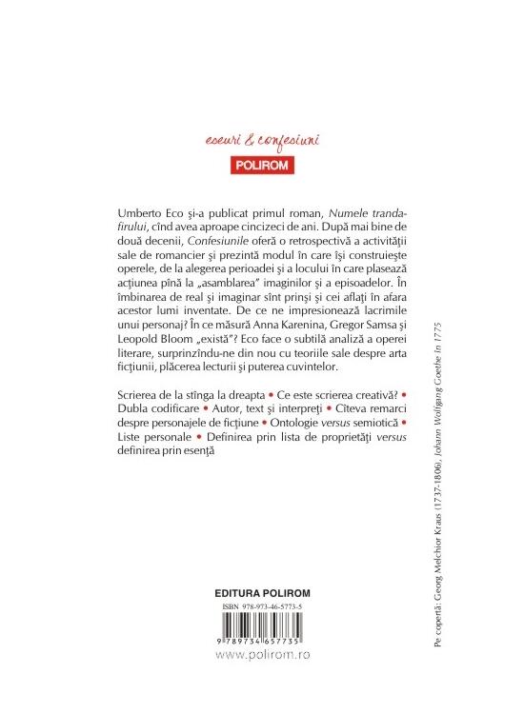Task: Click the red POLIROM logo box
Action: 261,164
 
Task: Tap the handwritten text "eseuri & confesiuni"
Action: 261,141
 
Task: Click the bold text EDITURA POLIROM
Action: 264,592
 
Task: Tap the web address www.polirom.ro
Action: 263,655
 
